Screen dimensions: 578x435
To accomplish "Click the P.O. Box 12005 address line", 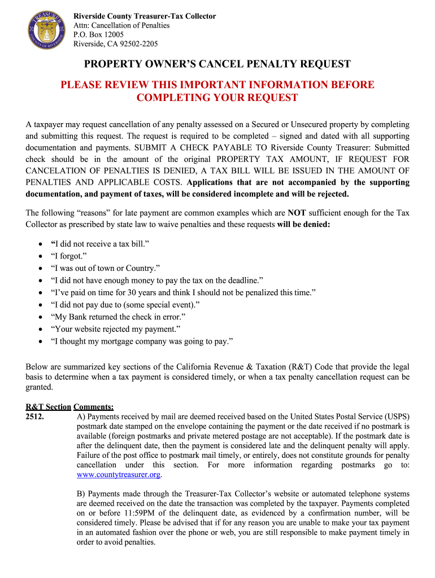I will point(99,34).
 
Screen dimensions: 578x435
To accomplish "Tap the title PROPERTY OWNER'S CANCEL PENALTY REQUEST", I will point(217,64).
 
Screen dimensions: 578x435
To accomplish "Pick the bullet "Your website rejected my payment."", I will point(116,329).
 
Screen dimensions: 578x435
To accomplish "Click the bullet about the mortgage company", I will point(142,341).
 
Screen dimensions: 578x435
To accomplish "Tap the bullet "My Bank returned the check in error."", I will point(118,317).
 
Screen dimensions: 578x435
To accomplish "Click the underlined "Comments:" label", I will point(94,406).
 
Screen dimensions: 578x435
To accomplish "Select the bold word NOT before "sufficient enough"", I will point(297,213).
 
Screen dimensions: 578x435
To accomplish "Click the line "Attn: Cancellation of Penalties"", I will point(122,25).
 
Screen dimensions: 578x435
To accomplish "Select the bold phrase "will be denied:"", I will point(304,224).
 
